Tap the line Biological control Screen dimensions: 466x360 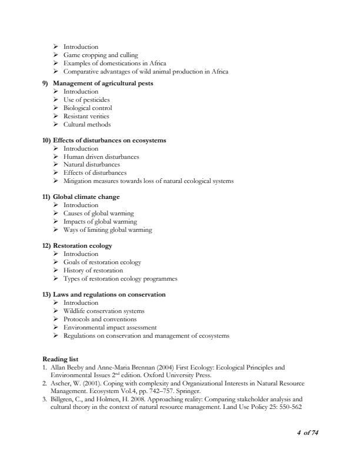(x=87, y=108)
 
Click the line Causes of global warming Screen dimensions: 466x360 (x=98, y=214)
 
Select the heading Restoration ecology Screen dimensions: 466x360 (x=82, y=246)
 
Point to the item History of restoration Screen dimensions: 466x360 (x=93, y=271)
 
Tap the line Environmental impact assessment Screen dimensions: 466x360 (x=110, y=328)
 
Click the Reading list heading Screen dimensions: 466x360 (x=62, y=360)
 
